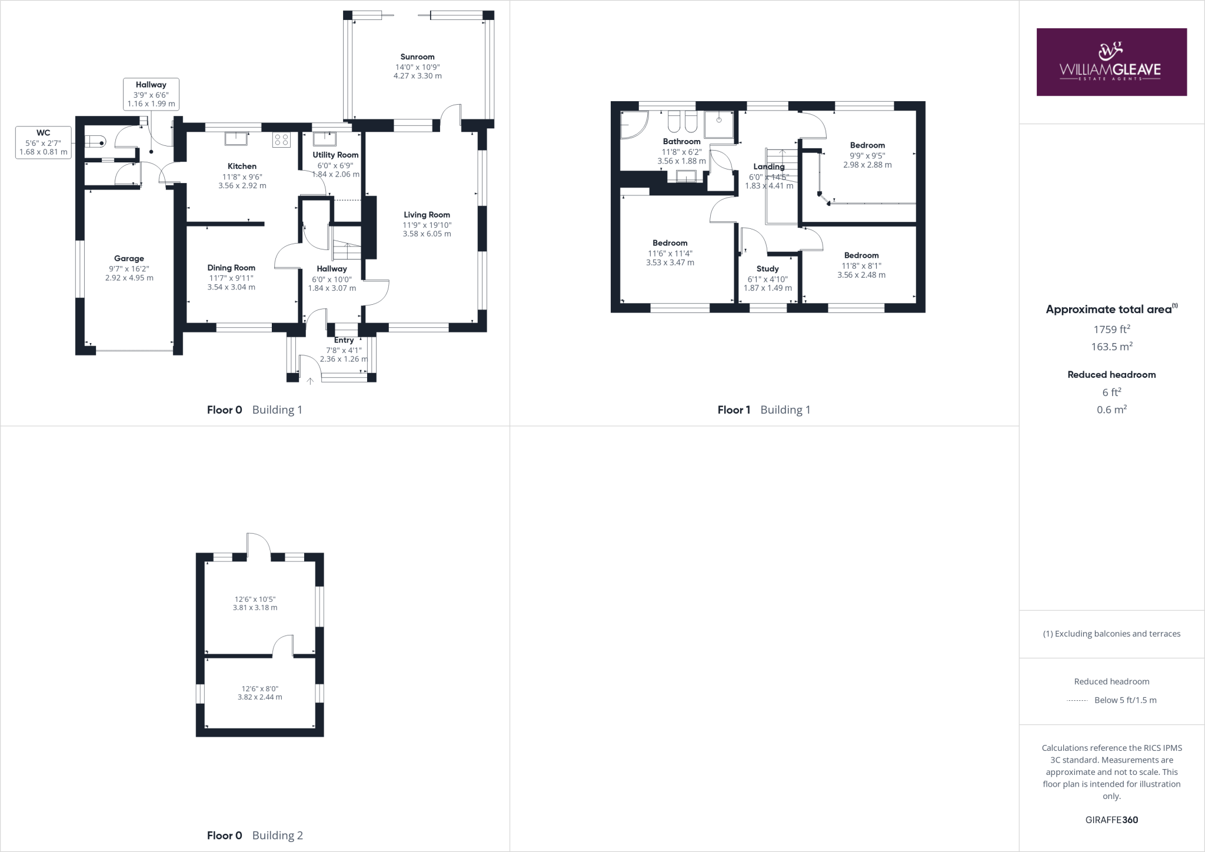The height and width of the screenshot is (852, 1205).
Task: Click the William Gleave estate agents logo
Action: [1111, 62]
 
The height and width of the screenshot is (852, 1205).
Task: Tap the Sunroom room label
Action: [417, 57]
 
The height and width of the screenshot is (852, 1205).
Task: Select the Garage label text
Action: [129, 258]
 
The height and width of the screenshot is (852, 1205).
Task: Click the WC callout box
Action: [43, 142]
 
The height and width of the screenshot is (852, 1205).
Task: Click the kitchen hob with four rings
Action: [281, 140]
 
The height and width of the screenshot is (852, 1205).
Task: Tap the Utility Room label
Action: [335, 155]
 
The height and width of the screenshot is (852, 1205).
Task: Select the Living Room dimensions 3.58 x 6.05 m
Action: [427, 234]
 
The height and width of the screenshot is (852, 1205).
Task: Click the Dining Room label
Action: [231, 268]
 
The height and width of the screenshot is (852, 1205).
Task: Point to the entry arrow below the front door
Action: [310, 381]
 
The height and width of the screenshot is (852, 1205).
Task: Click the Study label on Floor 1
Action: [767, 269]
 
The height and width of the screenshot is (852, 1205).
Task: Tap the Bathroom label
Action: [681, 141]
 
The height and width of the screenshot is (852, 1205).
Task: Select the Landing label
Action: [768, 167]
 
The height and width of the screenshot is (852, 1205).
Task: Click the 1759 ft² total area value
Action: [1111, 330]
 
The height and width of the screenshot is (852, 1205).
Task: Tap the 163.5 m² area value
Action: [1111, 347]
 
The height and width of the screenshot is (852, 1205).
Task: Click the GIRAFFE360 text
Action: [1111, 820]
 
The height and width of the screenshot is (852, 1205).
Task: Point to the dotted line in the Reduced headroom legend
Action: [1077, 700]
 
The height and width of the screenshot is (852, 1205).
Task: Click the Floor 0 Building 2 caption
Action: [255, 835]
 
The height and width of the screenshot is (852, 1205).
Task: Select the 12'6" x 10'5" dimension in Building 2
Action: [255, 599]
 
